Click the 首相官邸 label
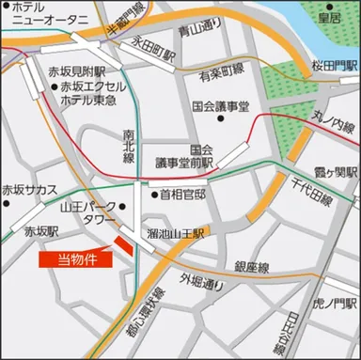pos(184,195)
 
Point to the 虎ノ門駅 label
pos(334,303)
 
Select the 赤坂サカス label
pos(30,189)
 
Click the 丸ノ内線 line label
pos(326,123)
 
